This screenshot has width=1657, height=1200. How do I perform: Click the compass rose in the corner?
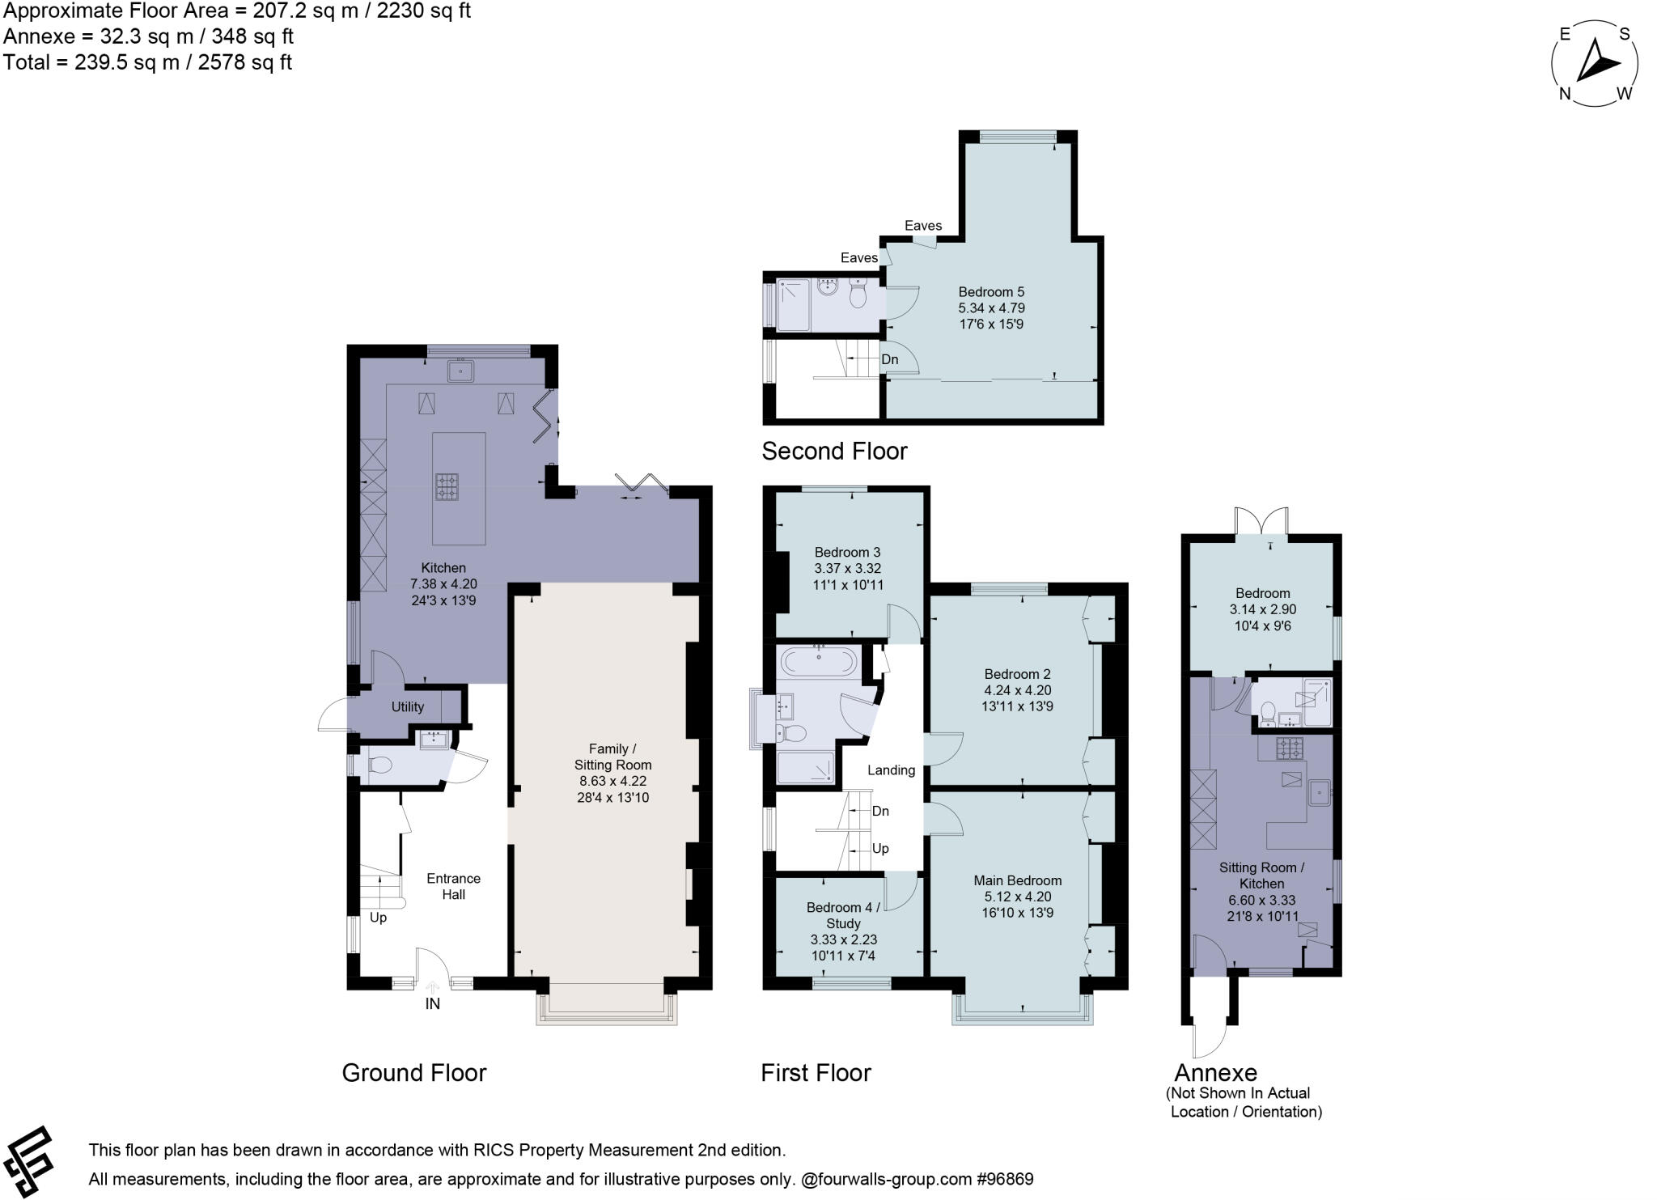tap(1595, 64)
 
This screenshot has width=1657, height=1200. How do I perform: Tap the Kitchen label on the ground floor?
tap(443, 568)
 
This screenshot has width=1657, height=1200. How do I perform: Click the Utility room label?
tap(408, 706)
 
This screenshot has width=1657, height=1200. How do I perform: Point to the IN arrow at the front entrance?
tap(433, 989)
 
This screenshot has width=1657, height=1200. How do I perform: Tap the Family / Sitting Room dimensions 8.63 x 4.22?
tap(612, 781)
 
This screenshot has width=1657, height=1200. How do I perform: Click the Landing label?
tap(891, 770)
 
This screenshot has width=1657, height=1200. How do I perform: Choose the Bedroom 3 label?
tap(847, 552)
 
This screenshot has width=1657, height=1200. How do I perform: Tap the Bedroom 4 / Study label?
tap(843, 915)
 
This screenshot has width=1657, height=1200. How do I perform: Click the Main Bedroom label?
tap(1017, 880)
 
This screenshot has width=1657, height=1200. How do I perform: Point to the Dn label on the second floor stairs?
tap(889, 359)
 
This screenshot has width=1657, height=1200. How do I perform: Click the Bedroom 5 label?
tap(991, 291)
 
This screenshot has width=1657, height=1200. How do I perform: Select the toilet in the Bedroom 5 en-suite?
tap(858, 295)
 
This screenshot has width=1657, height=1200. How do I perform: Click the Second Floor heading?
tap(834, 451)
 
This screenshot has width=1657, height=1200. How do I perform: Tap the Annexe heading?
tap(1215, 1073)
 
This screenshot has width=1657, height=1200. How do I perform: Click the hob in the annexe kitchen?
tap(1290, 748)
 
